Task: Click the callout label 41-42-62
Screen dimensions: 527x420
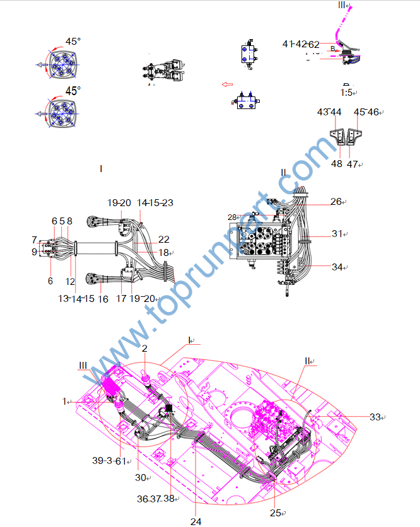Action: tap(301, 44)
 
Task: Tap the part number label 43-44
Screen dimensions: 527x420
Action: tap(329, 112)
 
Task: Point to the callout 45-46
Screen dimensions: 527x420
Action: tap(366, 112)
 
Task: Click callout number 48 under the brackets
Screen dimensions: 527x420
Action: tap(336, 164)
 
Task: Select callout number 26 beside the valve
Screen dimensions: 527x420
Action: tap(336, 202)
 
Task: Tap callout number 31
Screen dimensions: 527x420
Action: tap(337, 234)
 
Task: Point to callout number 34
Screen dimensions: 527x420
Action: tap(337, 267)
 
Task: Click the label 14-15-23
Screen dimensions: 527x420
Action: tap(155, 203)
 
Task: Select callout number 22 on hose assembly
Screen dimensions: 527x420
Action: tap(164, 240)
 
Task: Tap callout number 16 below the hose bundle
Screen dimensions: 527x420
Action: tap(103, 298)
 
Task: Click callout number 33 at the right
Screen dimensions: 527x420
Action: tap(375, 417)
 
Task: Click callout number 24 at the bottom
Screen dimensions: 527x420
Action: tap(195, 521)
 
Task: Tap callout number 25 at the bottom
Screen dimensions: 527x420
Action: tap(276, 513)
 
